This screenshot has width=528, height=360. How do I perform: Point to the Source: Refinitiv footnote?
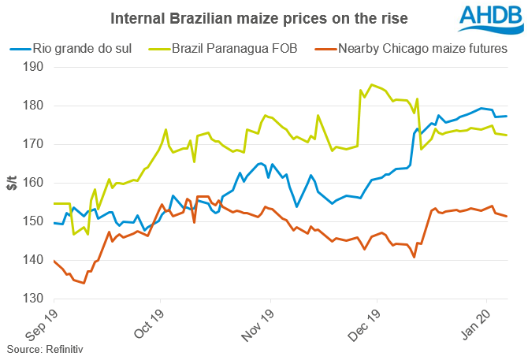coord(45,347)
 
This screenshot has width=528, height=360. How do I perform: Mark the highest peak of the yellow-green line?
coord(371,84)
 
